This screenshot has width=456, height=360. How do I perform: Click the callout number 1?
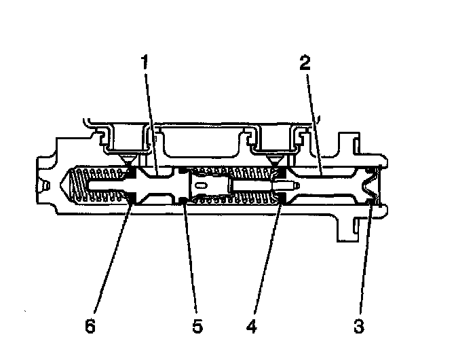point(145,63)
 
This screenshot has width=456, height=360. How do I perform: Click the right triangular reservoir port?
point(274,160)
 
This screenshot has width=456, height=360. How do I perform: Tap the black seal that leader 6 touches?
point(131,198)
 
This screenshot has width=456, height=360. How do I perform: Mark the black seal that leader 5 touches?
point(183,200)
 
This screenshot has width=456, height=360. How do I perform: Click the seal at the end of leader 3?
point(370,201)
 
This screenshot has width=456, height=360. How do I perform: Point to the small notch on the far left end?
point(45,185)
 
